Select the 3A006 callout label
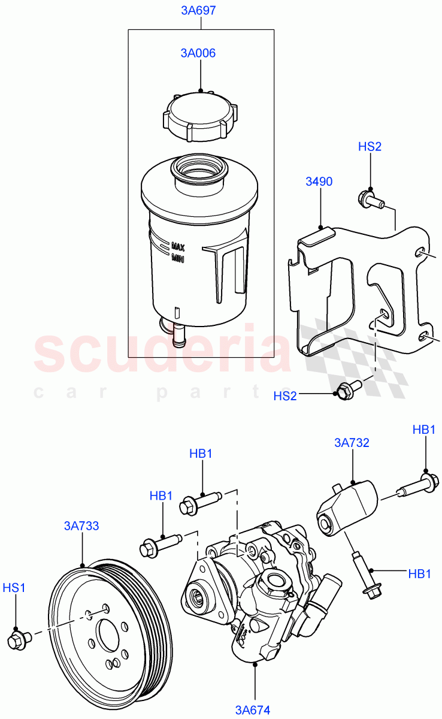coord(198,53)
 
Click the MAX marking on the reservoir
coord(178,246)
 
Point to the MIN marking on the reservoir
coord(177,258)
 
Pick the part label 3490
coord(320,182)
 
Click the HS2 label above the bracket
coord(370,147)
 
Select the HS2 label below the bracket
coord(285,396)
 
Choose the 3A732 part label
coord(352,443)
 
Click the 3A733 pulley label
coord(81,526)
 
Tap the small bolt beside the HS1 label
coord(17,639)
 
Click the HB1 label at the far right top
coord(424,430)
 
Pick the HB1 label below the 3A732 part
coord(419,573)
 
